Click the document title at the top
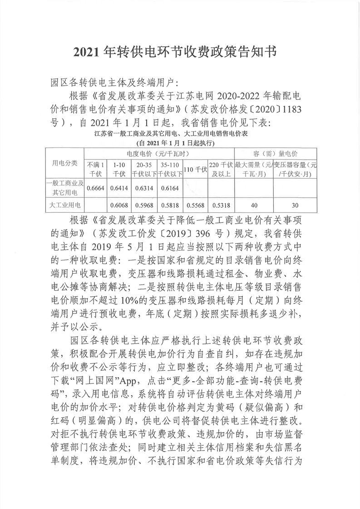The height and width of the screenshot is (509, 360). (180, 53)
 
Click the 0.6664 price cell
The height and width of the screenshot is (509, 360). (95, 188)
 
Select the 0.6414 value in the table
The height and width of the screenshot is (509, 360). (118, 188)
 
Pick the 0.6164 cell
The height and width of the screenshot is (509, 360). (170, 188)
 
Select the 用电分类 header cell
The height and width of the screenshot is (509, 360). (66, 163)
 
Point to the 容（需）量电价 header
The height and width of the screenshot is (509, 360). (275, 153)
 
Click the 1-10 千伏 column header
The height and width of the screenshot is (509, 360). (118, 168)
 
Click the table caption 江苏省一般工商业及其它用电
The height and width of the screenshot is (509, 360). (180, 134)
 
